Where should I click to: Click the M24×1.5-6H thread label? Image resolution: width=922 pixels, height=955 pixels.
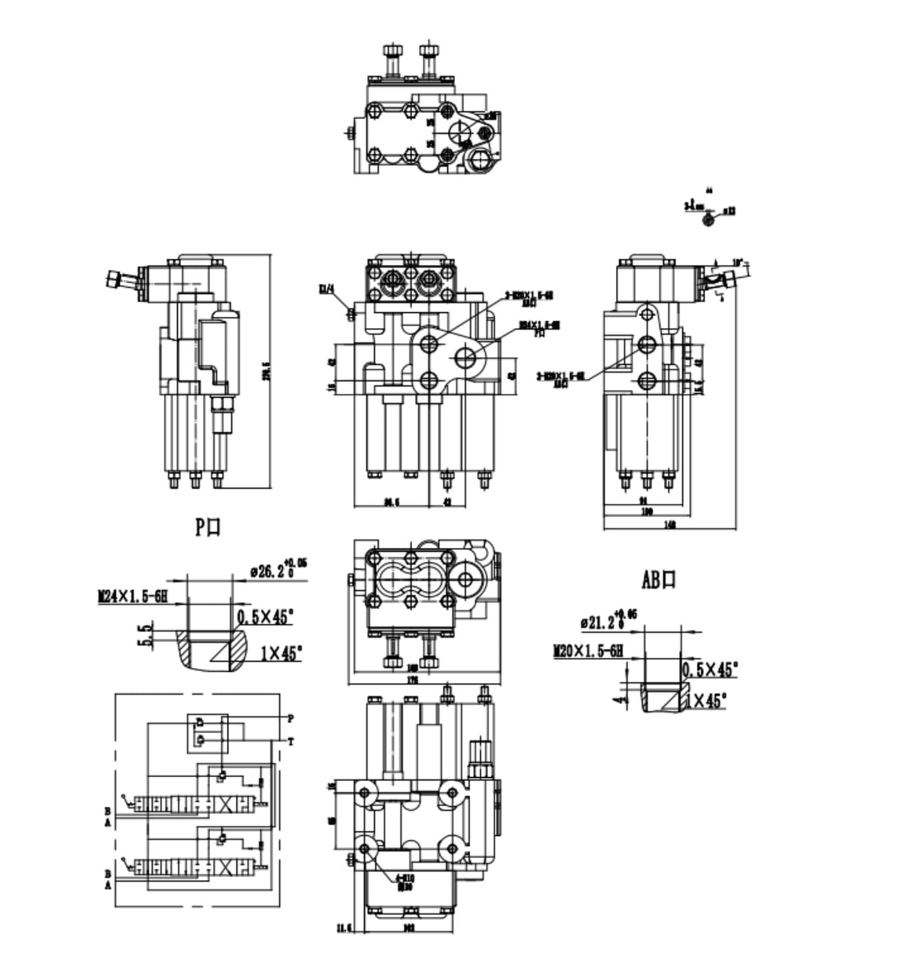click(132, 597)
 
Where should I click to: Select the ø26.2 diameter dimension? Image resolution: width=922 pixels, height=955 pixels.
click(272, 570)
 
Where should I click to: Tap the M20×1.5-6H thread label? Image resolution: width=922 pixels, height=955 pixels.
click(587, 651)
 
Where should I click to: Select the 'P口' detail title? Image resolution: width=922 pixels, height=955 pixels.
click(208, 527)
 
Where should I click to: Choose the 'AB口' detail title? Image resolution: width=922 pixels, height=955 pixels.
click(659, 580)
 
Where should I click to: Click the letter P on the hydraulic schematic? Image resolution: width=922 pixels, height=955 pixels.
click(290, 718)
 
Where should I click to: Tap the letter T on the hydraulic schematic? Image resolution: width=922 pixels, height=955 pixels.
click(290, 742)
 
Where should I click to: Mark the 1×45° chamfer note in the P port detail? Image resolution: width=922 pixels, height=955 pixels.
click(281, 653)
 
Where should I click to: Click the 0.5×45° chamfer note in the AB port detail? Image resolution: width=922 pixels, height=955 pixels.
click(709, 670)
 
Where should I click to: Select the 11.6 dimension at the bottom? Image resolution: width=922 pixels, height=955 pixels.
click(344, 929)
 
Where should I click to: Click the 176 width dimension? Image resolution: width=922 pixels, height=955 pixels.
click(412, 680)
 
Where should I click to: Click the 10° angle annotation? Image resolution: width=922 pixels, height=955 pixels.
click(738, 262)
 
